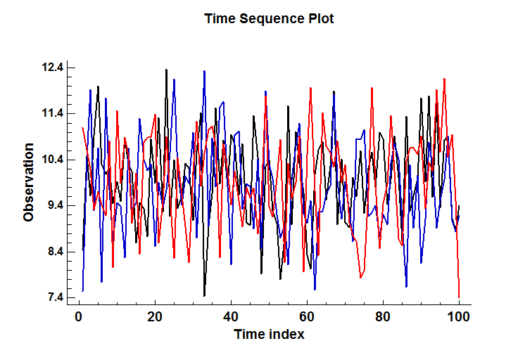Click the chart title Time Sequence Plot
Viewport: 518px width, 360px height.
click(x=269, y=18)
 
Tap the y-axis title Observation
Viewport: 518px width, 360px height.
click(x=29, y=182)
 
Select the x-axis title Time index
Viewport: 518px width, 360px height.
click(x=269, y=334)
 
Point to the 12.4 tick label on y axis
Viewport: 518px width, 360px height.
click(x=53, y=67)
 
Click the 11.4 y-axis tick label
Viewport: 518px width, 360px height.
click(x=53, y=113)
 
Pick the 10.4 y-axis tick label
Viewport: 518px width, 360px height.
click(x=53, y=160)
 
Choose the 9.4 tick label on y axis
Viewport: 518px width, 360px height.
click(x=53, y=205)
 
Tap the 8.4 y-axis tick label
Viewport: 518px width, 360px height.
click(x=53, y=252)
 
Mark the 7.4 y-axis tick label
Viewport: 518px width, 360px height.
click(x=53, y=297)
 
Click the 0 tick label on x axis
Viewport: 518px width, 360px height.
click(x=79, y=317)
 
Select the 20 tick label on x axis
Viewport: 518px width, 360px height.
click(x=155, y=317)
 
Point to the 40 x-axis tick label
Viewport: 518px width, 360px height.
click(x=231, y=317)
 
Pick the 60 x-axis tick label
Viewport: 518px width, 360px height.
click(x=307, y=317)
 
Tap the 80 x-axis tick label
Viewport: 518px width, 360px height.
click(x=383, y=317)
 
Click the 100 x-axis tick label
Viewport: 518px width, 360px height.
click(x=459, y=317)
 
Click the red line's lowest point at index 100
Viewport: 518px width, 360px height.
click(x=459, y=297)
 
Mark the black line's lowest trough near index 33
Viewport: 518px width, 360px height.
click(x=204, y=295)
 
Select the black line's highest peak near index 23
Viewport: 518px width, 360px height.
click(x=166, y=70)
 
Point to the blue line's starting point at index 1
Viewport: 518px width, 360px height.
click(x=82, y=290)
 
